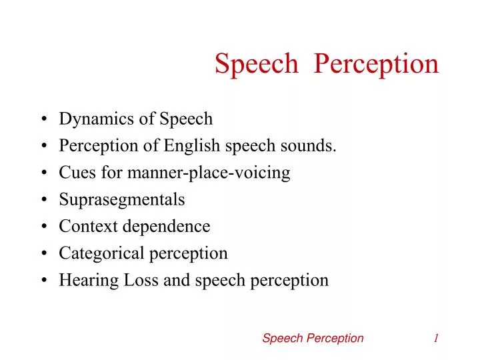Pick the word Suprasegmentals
click(122, 200)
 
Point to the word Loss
click(140, 280)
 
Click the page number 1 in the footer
click(435, 338)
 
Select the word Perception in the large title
click(376, 64)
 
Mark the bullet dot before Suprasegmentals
click(43, 200)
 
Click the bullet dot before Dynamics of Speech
click(43, 120)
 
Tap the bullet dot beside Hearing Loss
click(43, 281)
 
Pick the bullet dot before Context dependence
click(43, 227)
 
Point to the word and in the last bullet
click(177, 280)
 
